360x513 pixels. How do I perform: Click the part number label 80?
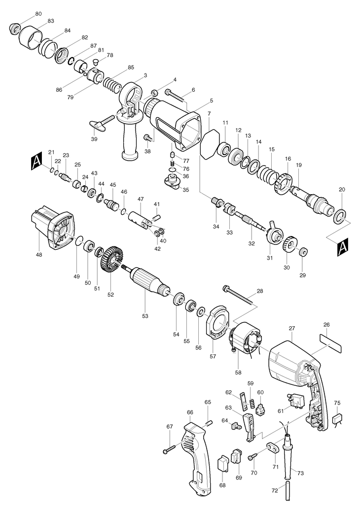click(x=38, y=14)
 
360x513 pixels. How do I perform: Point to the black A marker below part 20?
click(x=342, y=248)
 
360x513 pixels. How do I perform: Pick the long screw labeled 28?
click(x=239, y=298)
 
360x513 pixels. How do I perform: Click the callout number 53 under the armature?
click(x=145, y=316)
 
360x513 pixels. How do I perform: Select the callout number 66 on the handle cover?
click(x=190, y=412)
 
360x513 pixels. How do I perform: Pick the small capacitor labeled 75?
click(x=338, y=419)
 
